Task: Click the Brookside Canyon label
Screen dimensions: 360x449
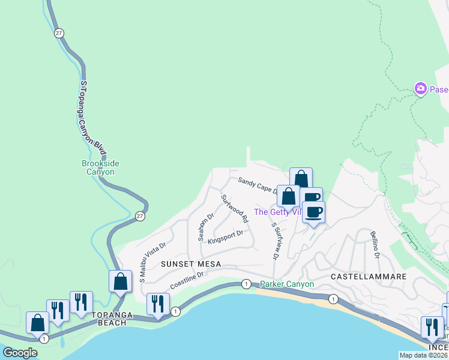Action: [98, 167]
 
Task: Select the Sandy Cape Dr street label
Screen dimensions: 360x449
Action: [257, 185]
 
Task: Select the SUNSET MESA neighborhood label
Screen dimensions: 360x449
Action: [190, 264]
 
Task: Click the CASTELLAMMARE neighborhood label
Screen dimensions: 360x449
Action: [369, 277]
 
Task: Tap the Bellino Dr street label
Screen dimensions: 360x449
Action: [375, 245]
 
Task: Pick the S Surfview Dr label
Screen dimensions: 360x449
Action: [276, 241]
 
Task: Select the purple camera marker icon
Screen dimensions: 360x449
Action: [420, 89]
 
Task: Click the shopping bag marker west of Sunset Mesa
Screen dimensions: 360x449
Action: [121, 281]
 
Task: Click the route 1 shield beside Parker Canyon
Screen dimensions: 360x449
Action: [246, 283]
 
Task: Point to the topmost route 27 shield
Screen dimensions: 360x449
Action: [58, 33]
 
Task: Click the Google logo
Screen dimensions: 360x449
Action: [20, 353]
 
